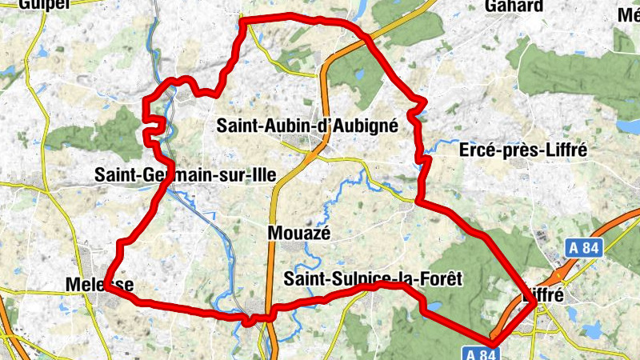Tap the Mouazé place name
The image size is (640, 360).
coord(298,233)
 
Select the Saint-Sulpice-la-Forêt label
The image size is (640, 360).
coord(374,278)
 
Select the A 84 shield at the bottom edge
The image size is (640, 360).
coord(481,353)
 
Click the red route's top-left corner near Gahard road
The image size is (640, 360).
coord(243,21)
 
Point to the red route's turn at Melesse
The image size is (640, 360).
coord(106,290)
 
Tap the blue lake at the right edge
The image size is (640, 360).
coord(630,126)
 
